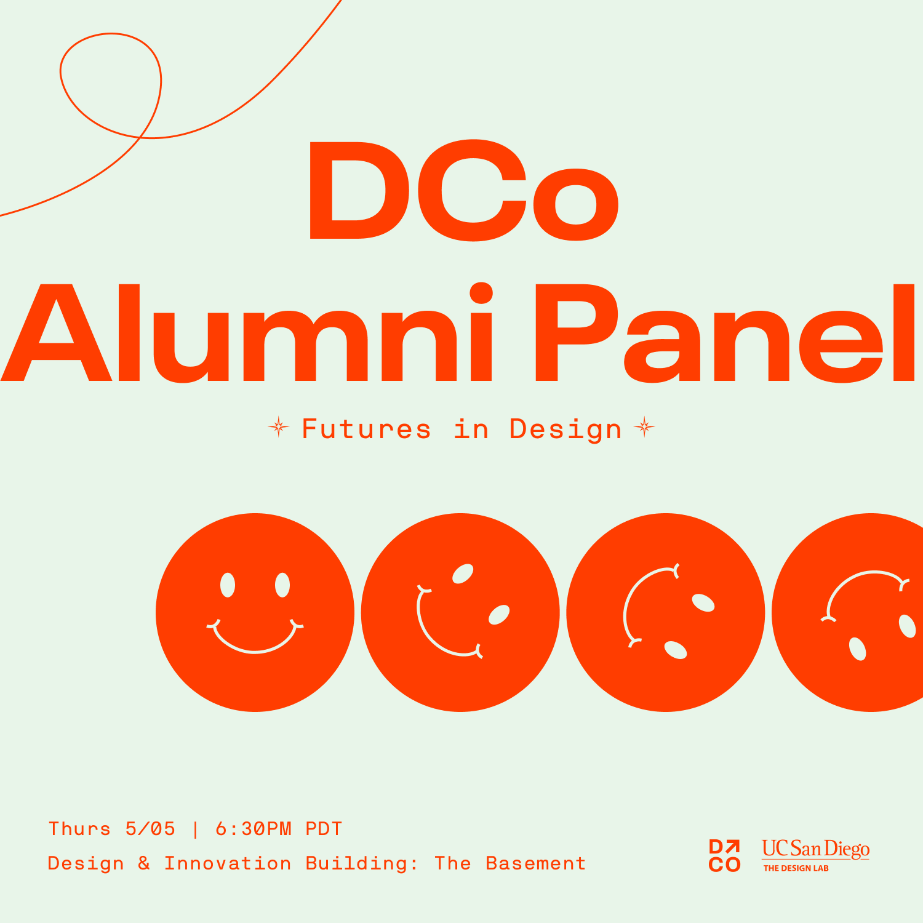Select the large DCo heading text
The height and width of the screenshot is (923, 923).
click(x=463, y=191)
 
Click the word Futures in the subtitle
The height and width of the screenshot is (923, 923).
click(x=366, y=429)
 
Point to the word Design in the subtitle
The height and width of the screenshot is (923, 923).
click(x=565, y=430)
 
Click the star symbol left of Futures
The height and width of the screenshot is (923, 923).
click(x=279, y=427)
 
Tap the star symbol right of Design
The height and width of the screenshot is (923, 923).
click(x=644, y=427)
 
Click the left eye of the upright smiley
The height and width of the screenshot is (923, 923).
click(x=228, y=585)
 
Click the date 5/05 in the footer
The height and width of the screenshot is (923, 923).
click(x=150, y=829)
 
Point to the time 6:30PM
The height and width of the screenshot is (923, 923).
click(x=254, y=829)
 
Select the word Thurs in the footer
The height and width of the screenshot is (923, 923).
click(x=79, y=829)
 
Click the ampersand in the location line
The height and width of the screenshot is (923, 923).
click(x=144, y=863)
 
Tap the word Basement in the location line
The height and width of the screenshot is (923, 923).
click(x=535, y=863)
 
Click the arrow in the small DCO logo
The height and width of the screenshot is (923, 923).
click(x=733, y=847)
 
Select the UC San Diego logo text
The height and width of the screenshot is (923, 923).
click(x=815, y=849)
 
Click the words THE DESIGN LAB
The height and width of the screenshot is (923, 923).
click(x=796, y=868)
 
